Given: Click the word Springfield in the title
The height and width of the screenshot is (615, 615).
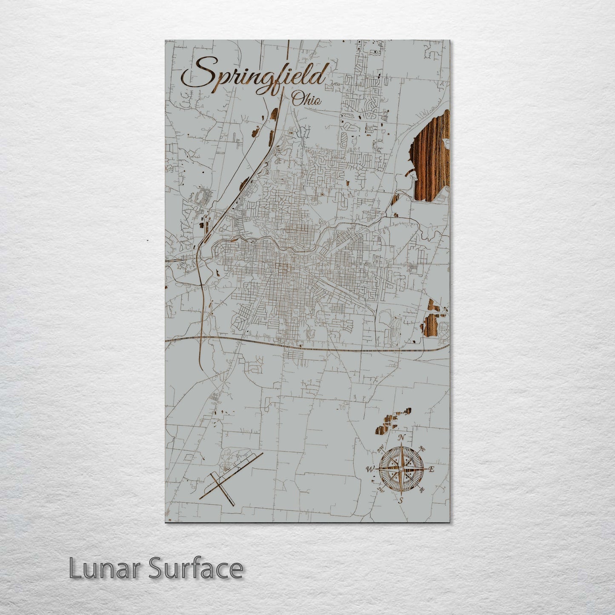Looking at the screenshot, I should (x=255, y=77).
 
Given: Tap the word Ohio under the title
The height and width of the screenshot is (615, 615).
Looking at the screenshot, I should (x=307, y=100).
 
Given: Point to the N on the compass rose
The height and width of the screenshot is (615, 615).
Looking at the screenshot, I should (x=401, y=438).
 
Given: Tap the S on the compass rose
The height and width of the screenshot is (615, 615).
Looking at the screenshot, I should (x=400, y=501).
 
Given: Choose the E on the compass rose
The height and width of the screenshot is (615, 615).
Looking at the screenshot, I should (x=431, y=469).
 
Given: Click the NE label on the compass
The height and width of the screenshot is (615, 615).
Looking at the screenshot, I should (x=422, y=449).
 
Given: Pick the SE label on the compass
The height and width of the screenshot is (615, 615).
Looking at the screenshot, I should (x=422, y=490).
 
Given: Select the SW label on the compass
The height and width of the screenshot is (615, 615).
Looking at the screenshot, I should (x=380, y=490).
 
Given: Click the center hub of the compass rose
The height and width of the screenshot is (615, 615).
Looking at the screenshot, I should (x=400, y=469).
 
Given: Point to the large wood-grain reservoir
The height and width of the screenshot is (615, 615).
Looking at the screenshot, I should (x=431, y=157).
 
